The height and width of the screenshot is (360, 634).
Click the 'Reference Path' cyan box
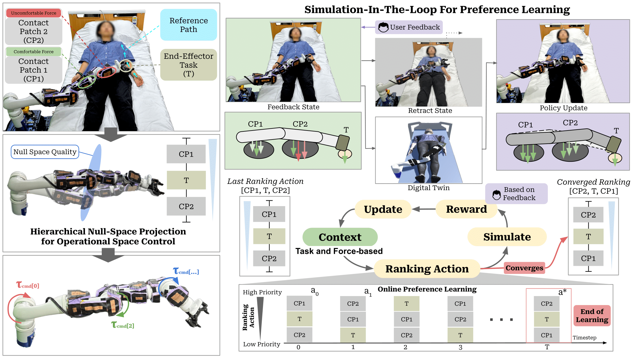189,25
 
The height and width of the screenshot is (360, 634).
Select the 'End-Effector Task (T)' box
189,65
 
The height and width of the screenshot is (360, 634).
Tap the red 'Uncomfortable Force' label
34,13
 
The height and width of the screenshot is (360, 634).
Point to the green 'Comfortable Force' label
34,52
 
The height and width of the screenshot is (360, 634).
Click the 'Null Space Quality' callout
45,152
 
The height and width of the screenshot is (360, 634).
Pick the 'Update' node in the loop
383,209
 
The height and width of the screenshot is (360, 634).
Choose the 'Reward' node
466,209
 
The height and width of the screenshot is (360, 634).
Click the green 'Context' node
340,237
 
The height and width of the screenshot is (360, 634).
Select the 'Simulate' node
507,237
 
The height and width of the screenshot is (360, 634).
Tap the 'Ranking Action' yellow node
427,269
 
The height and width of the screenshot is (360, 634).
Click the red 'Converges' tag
524,268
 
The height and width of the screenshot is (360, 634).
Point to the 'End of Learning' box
592,316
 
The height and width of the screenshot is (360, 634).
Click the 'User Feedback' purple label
409,27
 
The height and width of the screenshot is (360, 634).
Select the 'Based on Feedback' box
516,194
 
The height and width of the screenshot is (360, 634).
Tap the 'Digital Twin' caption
429,188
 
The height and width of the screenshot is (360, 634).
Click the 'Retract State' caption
430,111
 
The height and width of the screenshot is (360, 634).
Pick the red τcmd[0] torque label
28,285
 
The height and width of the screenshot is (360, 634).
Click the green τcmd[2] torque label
123,325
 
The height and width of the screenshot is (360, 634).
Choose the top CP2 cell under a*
547,304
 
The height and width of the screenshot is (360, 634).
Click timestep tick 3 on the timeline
460,347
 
